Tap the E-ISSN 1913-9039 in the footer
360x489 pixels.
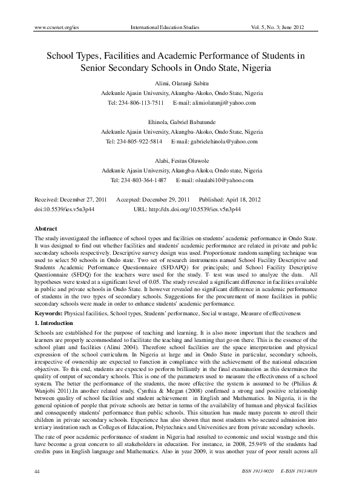click(304, 470)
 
